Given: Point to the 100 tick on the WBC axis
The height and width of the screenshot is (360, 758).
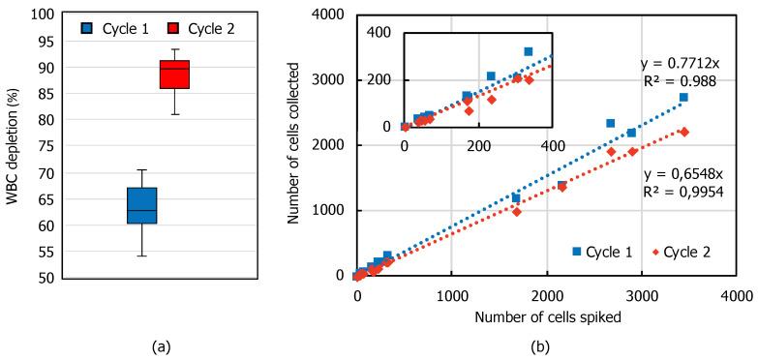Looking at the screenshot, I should click(x=43, y=15).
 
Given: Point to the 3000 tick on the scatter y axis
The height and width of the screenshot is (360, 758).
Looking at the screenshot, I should click(x=333, y=79).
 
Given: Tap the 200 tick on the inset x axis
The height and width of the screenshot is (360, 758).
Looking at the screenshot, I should click(x=478, y=145).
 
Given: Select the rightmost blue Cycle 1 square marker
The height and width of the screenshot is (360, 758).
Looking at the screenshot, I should click(x=683, y=98).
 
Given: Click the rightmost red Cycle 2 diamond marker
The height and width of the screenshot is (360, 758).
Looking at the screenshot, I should click(x=683, y=132).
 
